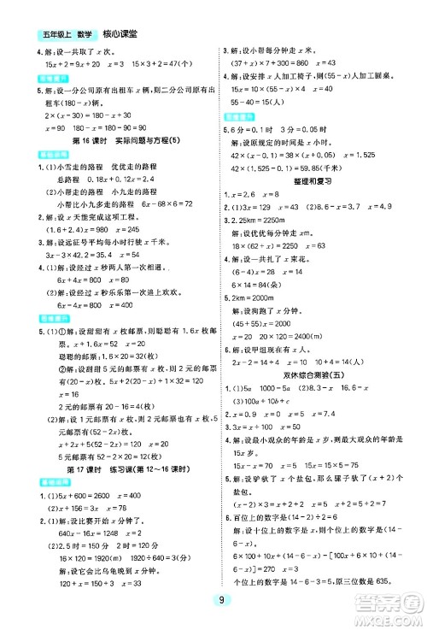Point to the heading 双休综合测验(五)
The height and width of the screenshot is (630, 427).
pos(322,386)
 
